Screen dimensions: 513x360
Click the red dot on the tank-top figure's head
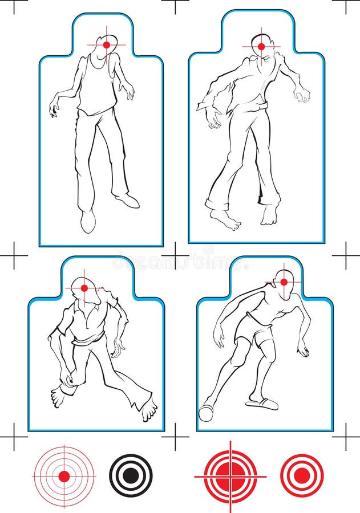106,44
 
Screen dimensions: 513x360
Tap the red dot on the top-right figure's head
261,46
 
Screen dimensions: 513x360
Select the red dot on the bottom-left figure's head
84,288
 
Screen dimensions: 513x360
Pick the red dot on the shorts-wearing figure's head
284,282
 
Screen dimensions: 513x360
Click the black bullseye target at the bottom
131,475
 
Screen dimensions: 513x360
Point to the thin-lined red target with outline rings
64,476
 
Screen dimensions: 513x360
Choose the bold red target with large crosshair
230,475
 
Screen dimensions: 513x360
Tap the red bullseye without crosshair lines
302,475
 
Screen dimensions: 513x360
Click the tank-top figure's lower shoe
88,221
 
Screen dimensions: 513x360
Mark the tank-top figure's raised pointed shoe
127,200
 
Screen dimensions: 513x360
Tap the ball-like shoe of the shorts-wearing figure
205,413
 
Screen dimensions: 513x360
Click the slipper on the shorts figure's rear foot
262,404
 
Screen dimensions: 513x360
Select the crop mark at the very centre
175,255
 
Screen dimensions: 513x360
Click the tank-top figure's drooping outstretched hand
54,107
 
